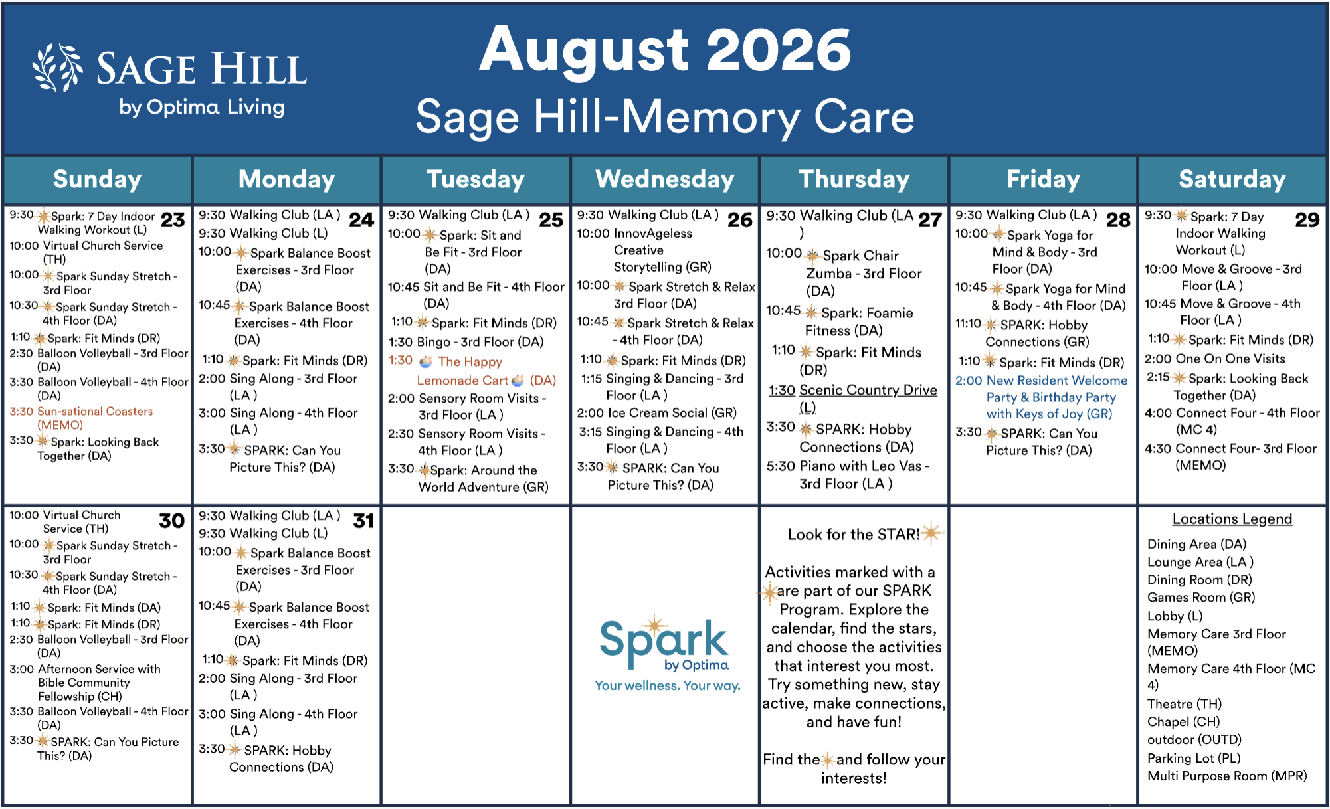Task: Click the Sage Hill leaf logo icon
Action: point(57,68)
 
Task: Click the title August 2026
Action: point(665,50)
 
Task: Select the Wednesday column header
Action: point(665,179)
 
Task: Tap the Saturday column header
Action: point(1232,179)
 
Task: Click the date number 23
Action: point(173,220)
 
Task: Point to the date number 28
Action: point(1118,220)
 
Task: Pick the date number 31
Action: point(363,521)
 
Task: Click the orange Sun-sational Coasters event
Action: point(81,418)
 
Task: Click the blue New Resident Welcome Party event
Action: point(1042,397)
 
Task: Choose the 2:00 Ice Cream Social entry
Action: point(656,413)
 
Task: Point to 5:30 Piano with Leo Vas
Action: point(848,475)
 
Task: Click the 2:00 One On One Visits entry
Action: point(1214,359)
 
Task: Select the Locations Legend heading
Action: point(1232,519)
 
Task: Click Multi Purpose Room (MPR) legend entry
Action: point(1227,776)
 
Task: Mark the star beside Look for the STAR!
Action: point(932,533)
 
